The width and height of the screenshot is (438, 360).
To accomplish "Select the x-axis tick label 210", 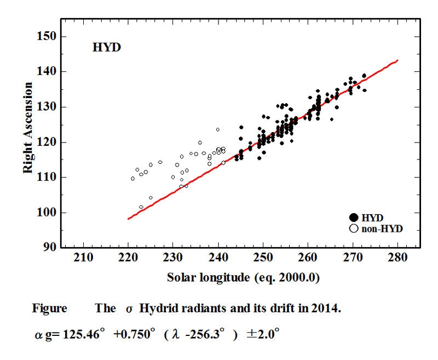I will click(83, 258).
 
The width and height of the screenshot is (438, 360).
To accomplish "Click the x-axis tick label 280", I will click(397, 258).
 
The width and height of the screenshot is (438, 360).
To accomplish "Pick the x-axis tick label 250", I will click(263, 258).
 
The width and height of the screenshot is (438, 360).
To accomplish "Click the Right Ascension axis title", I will click(28, 129).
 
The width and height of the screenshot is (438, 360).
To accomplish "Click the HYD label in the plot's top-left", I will click(106, 48).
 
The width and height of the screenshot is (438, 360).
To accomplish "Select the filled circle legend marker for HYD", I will click(354, 218).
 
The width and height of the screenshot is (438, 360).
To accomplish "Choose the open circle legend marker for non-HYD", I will click(354, 228).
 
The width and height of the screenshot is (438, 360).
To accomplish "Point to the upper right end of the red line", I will click(397, 60).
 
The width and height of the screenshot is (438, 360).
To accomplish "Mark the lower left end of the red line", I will click(128, 219).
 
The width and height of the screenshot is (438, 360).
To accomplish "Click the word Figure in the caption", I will click(49, 308).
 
